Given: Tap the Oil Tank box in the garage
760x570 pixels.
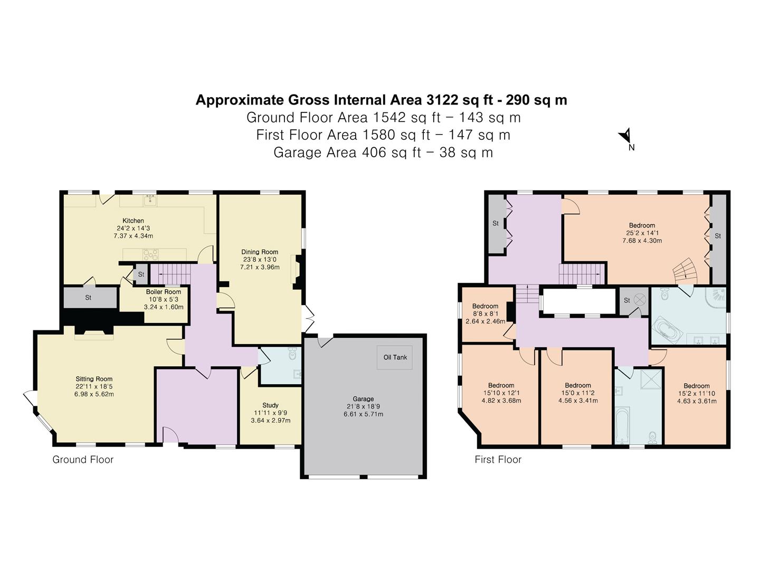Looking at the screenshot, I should point(395,357).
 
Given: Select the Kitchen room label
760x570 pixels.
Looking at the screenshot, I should point(133,221).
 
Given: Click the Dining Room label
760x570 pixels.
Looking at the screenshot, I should point(260,252).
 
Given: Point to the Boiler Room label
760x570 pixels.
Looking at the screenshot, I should point(164,292).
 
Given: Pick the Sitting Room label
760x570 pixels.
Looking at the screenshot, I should point(94,379).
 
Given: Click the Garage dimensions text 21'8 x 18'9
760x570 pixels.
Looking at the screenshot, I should point(363,406).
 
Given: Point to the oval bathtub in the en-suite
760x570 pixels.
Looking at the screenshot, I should point(668,331).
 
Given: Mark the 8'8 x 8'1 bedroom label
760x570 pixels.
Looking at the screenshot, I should point(485,306).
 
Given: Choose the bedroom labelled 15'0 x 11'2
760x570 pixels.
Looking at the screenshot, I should point(577,385).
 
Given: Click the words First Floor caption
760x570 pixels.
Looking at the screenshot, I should point(498,460).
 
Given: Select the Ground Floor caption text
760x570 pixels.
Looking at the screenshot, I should point(83,460).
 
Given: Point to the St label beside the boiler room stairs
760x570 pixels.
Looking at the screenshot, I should point(141,274).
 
